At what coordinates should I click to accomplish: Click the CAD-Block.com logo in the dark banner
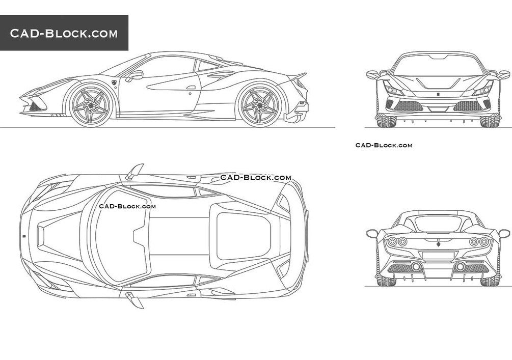(64, 34)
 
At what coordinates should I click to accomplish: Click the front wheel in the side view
(90, 105)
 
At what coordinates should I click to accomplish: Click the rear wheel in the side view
(259, 105)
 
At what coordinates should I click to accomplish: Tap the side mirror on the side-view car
(135, 75)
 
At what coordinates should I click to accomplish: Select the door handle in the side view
(191, 88)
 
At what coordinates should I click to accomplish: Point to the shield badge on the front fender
(114, 81)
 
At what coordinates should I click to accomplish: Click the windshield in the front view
(438, 65)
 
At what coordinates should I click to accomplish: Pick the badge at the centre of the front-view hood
(438, 94)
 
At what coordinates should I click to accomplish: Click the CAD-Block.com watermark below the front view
(384, 145)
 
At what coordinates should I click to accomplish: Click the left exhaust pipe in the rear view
(416, 267)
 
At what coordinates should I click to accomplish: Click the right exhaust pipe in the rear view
(460, 267)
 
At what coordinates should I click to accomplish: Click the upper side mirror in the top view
(135, 172)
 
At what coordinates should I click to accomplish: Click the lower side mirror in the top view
(135, 300)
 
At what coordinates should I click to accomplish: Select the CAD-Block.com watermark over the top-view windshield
(127, 206)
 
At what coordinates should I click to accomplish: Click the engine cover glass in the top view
(243, 236)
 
